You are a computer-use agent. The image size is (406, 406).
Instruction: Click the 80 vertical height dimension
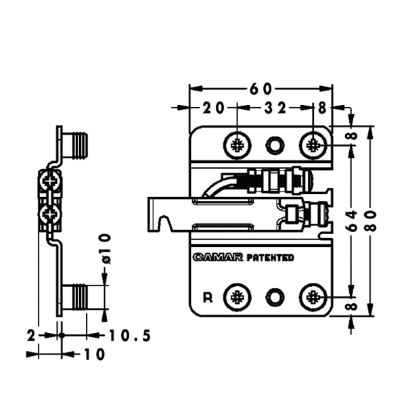click(x=371, y=220)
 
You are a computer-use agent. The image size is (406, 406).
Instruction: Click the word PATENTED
click(x=270, y=258)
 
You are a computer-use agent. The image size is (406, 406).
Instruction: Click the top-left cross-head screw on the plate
click(x=238, y=144)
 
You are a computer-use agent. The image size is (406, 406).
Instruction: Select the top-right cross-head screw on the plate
click(x=313, y=144)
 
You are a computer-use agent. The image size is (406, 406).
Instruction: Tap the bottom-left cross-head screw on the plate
click(x=238, y=296)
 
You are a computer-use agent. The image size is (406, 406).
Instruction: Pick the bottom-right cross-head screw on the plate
click(x=313, y=296)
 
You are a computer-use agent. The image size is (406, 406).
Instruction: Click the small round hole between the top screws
click(x=275, y=144)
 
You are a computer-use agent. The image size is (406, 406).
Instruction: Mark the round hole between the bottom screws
click(x=275, y=296)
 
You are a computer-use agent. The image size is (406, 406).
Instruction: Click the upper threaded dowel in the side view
click(x=79, y=143)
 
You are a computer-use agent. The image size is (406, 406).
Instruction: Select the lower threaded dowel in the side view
click(x=79, y=297)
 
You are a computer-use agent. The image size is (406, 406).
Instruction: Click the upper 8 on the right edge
click(x=351, y=136)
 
